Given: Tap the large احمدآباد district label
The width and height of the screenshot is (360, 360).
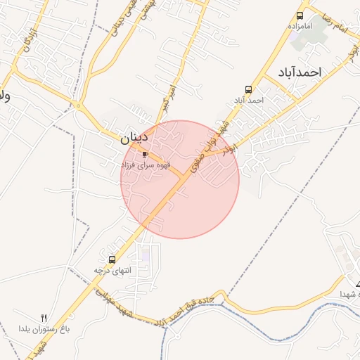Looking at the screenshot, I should [x=300, y=72].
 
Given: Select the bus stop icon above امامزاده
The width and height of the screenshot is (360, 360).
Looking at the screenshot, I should [x=300, y=15].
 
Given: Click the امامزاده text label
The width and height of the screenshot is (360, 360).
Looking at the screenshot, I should [x=300, y=26].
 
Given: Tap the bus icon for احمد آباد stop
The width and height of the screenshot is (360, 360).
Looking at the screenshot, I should [x=248, y=89].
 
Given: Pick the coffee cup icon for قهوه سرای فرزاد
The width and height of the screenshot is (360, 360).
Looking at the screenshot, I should [x=146, y=154].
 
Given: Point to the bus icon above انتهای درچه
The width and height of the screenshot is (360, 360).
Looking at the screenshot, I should [x=112, y=259].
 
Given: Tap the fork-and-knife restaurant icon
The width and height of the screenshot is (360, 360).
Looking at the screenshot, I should [x=44, y=318].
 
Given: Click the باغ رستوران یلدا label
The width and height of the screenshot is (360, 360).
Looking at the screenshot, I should [x=44, y=328].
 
